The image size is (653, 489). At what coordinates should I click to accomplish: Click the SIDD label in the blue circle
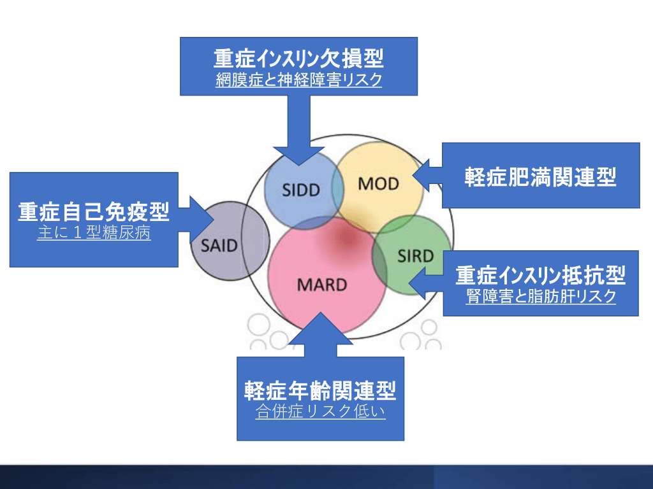pos(301,190)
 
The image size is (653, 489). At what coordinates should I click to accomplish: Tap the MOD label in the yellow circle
pos(378,184)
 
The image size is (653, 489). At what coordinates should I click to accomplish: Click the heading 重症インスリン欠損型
pos(298,59)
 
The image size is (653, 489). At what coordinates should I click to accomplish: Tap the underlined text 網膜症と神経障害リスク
pos(298,80)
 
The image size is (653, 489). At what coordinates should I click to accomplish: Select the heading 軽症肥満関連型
pos(540,176)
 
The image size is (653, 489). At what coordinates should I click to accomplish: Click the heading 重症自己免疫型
pos(93,211)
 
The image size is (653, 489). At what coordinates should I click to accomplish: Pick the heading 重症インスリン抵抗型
pos(540,276)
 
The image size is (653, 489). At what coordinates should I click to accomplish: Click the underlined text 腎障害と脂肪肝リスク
pos(541,297)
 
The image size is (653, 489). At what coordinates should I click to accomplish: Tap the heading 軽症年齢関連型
pos(320,390)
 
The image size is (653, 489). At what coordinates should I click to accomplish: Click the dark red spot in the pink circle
pos(345,239)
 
